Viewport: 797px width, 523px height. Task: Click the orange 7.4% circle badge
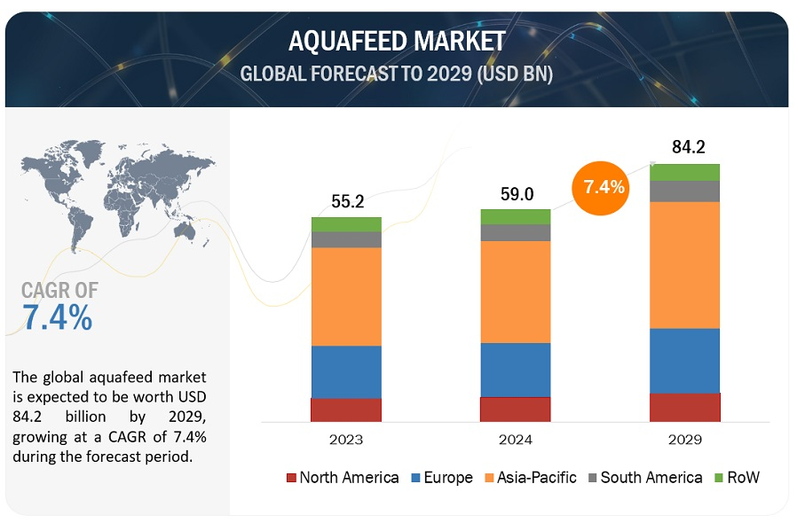[604, 187]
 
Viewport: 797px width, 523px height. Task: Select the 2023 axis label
[346, 439]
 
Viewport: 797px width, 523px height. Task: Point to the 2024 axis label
[516, 439]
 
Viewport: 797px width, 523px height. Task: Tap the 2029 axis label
[684, 439]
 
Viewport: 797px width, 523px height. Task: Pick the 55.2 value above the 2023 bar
[347, 201]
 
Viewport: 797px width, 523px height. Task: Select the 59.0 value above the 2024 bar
[516, 193]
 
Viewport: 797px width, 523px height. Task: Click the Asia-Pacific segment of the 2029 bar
[684, 264]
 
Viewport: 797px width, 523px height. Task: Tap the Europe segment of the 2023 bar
[346, 371]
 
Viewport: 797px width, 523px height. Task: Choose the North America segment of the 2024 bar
[516, 409]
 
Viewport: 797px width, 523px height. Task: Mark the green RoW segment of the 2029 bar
[684, 172]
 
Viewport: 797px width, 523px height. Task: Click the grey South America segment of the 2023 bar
[346, 239]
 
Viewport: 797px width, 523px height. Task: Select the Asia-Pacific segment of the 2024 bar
[516, 292]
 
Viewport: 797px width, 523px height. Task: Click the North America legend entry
[343, 478]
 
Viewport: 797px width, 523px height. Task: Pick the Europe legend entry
[441, 478]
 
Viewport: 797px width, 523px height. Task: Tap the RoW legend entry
[737, 478]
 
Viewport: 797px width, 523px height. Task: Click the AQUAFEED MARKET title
[397, 41]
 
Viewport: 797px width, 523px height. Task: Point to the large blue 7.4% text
[58, 317]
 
